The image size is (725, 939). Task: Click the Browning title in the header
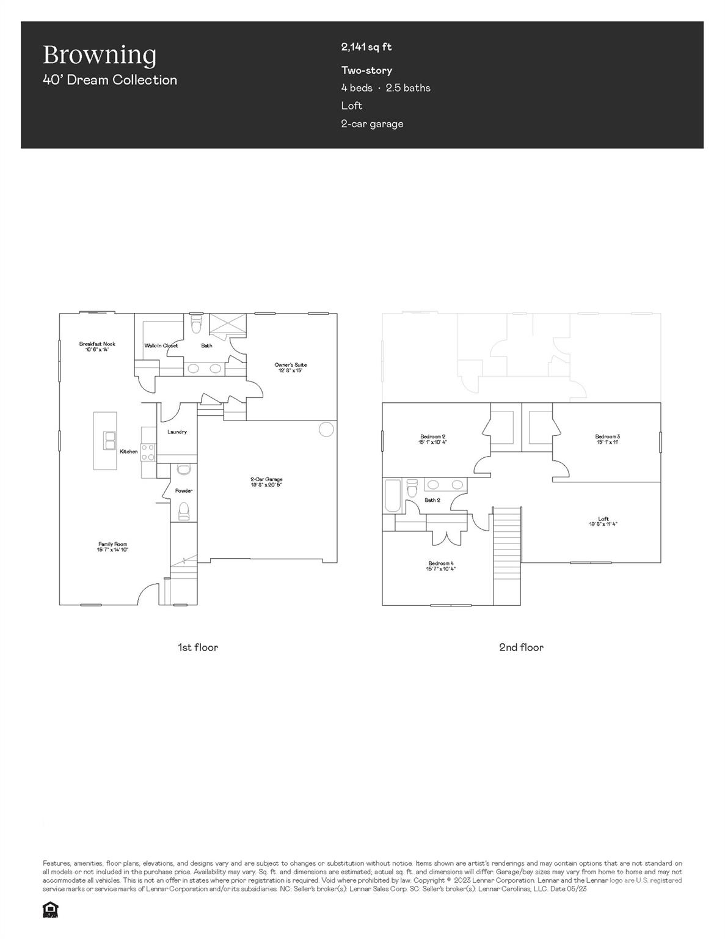click(100, 54)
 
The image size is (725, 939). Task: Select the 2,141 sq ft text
click(366, 47)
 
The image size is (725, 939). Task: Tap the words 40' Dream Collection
click(110, 80)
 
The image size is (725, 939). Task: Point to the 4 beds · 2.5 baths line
click(385, 88)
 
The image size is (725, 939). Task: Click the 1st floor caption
click(197, 647)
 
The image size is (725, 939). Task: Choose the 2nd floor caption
click(521, 647)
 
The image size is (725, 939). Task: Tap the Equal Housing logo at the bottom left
click(50, 910)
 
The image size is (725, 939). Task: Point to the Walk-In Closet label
click(161, 345)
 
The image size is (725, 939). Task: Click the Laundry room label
click(177, 432)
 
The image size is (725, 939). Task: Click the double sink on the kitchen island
click(110, 440)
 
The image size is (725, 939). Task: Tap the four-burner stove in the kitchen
click(148, 452)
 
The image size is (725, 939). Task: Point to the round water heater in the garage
click(327, 429)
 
